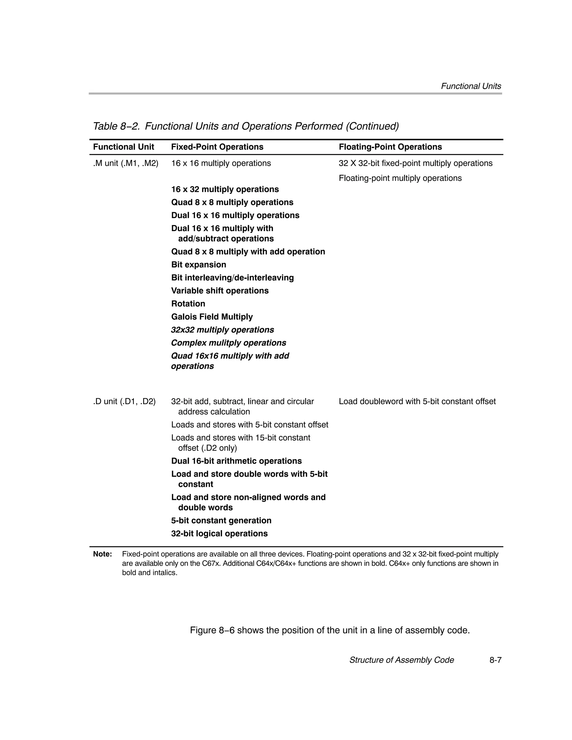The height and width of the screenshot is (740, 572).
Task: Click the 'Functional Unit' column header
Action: tap(123, 147)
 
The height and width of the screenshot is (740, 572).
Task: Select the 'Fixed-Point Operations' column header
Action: tap(217, 147)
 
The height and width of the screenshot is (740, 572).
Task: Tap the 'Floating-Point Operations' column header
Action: tap(390, 147)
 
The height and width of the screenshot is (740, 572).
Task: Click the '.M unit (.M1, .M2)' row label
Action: tap(126, 163)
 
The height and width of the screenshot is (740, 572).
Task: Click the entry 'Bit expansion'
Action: tap(198, 265)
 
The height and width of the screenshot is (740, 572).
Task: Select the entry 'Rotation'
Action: tap(188, 304)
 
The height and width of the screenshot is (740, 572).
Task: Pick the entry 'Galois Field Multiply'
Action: tap(212, 317)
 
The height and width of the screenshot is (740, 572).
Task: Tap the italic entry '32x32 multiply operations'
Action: tap(222, 330)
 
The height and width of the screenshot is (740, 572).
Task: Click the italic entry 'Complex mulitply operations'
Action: tap(228, 343)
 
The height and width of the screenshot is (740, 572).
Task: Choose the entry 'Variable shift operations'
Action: tap(220, 291)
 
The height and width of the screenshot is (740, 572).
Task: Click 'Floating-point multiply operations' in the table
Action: tap(400, 178)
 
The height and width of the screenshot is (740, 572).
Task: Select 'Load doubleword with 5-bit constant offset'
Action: tap(417, 401)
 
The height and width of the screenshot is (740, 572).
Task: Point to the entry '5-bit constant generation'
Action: tap(221, 520)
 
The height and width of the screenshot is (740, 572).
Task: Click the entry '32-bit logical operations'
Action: tap(219, 534)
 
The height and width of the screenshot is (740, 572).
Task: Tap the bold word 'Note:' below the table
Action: tap(103, 554)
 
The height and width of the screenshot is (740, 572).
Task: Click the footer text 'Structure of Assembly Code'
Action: tap(401, 660)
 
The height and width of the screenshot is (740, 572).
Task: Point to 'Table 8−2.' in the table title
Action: tap(116, 126)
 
